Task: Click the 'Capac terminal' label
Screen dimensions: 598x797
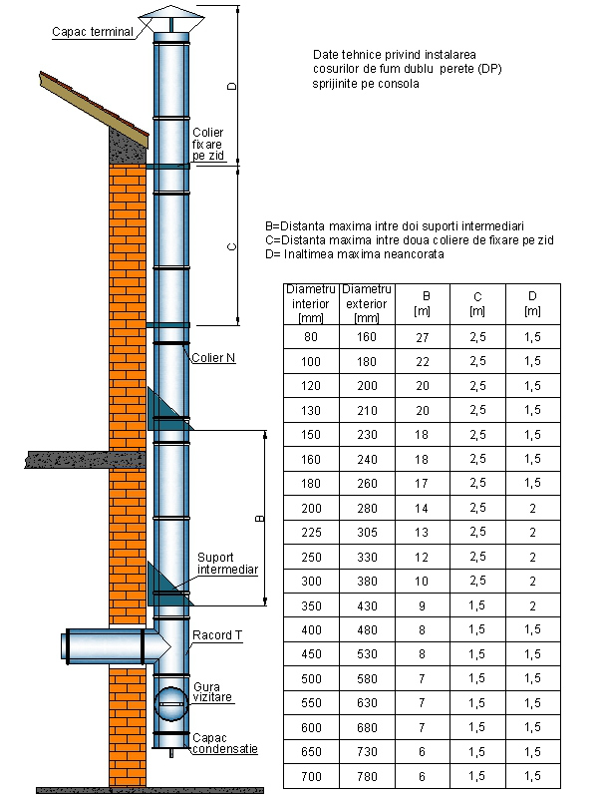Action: point(93,32)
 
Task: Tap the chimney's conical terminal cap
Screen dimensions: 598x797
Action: point(171,19)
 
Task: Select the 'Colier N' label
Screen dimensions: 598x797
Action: point(213,358)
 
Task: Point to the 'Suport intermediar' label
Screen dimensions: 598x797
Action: point(227,564)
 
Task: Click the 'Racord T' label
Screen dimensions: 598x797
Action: point(217,635)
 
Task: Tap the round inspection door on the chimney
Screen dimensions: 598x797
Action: point(170,703)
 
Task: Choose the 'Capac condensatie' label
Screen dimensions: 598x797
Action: point(225,743)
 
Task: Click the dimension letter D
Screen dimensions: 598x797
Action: point(231,86)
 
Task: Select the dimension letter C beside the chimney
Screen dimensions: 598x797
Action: point(231,247)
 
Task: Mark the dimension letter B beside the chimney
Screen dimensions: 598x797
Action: point(259,519)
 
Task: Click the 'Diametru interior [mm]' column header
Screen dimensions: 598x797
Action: point(311,304)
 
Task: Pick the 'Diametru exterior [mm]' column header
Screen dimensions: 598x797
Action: point(367,304)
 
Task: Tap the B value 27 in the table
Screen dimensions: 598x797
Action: point(423,337)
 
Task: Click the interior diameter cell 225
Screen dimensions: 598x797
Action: point(311,533)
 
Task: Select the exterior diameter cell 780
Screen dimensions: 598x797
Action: point(367,776)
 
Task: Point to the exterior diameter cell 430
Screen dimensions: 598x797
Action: point(367,605)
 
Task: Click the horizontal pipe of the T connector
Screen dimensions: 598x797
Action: point(106,646)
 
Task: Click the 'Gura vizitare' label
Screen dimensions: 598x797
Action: point(212,692)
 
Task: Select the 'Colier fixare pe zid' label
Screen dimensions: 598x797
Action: point(207,144)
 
